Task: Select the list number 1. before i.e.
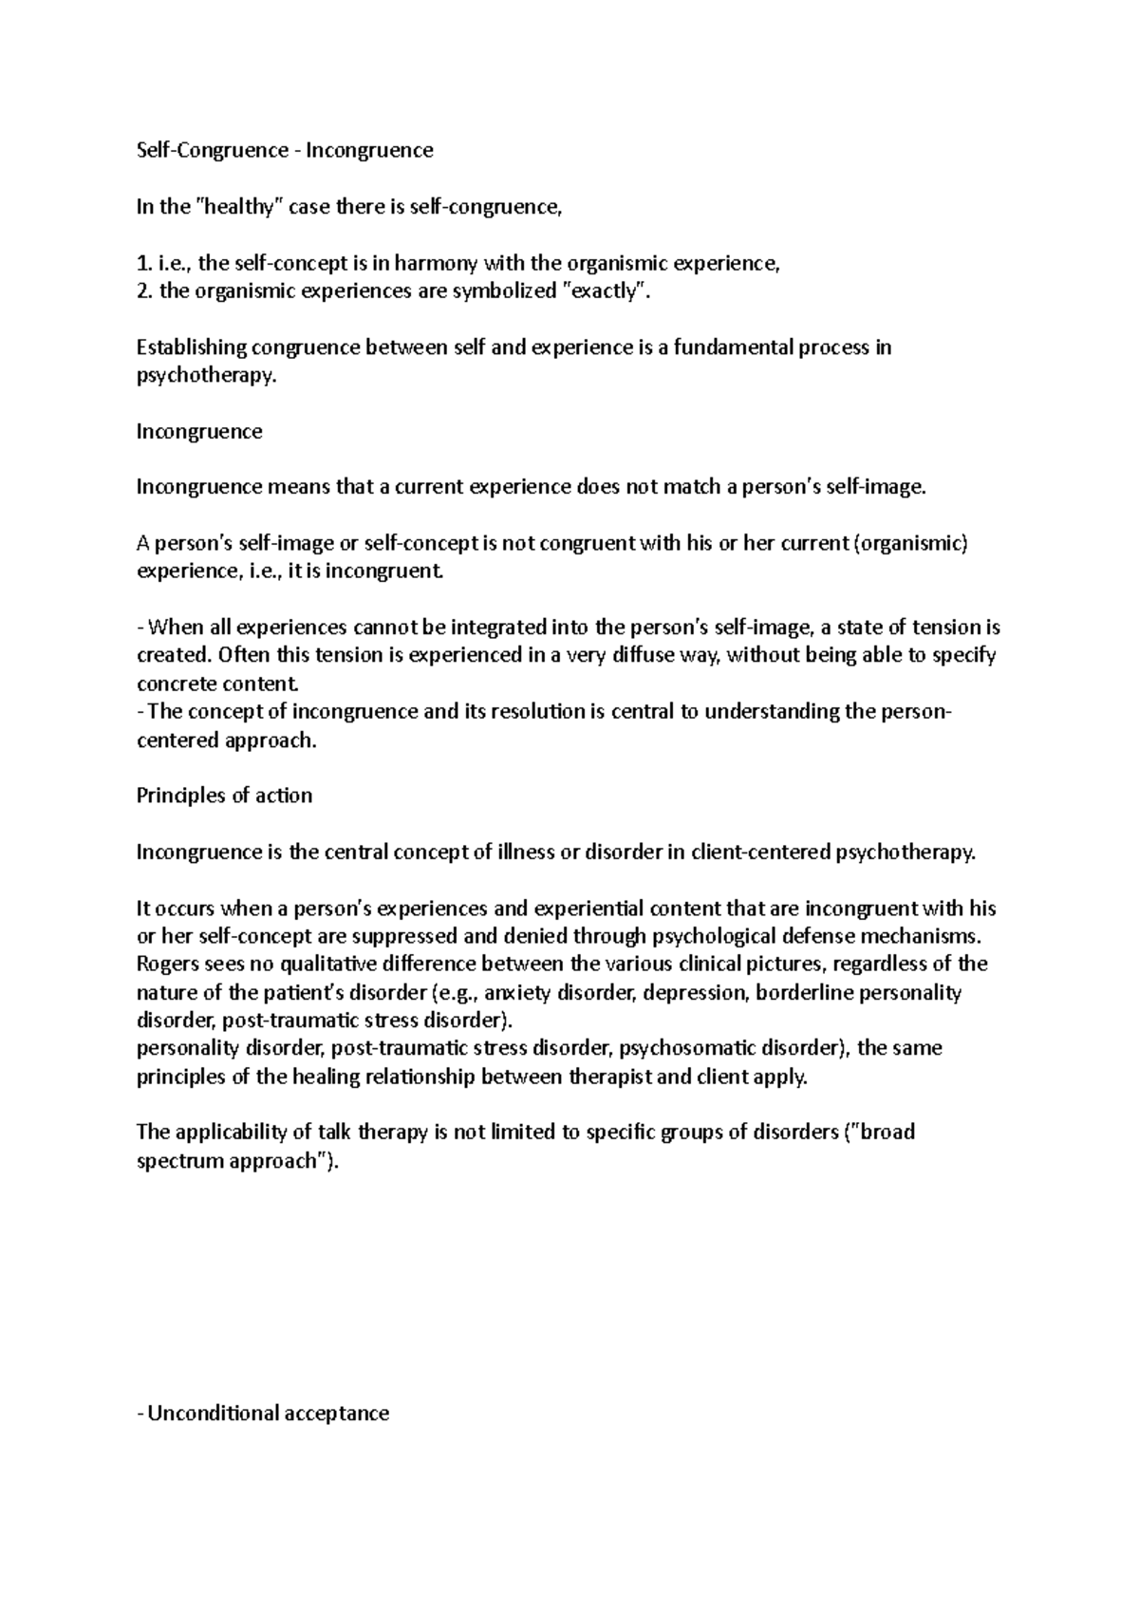[x=143, y=263]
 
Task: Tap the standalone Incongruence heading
[x=199, y=432]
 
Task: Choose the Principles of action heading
[x=224, y=796]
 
